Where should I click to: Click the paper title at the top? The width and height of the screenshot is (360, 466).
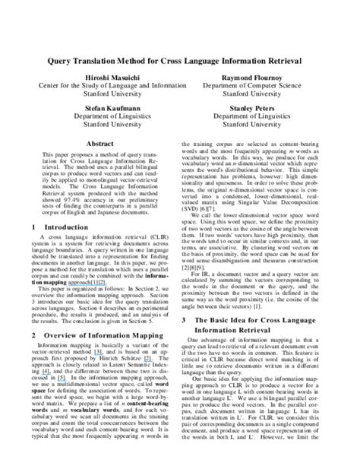(x=180, y=59)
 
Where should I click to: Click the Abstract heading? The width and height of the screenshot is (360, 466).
(x=100, y=142)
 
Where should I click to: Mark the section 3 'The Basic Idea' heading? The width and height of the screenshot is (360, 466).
(x=266, y=322)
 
